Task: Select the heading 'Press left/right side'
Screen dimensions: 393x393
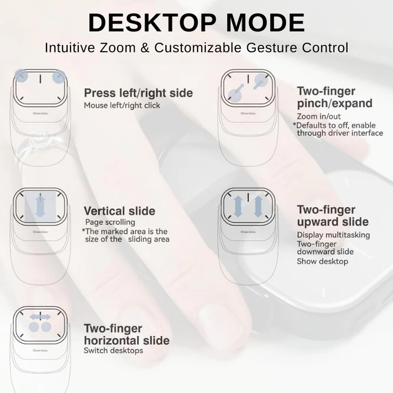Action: tap(138, 93)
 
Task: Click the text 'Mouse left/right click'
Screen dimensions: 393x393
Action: tap(122, 105)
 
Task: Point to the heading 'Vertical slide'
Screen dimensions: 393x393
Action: tap(119, 211)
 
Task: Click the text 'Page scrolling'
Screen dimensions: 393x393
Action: tap(110, 222)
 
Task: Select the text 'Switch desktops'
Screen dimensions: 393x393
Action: tap(113, 351)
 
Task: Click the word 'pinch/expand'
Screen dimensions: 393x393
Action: tap(334, 104)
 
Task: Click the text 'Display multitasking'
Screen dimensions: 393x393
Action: tap(333, 235)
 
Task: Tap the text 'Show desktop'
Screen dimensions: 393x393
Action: tap(322, 261)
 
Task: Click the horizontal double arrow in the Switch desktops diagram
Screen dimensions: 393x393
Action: tap(39, 317)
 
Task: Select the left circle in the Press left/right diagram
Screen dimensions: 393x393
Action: tap(21, 75)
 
